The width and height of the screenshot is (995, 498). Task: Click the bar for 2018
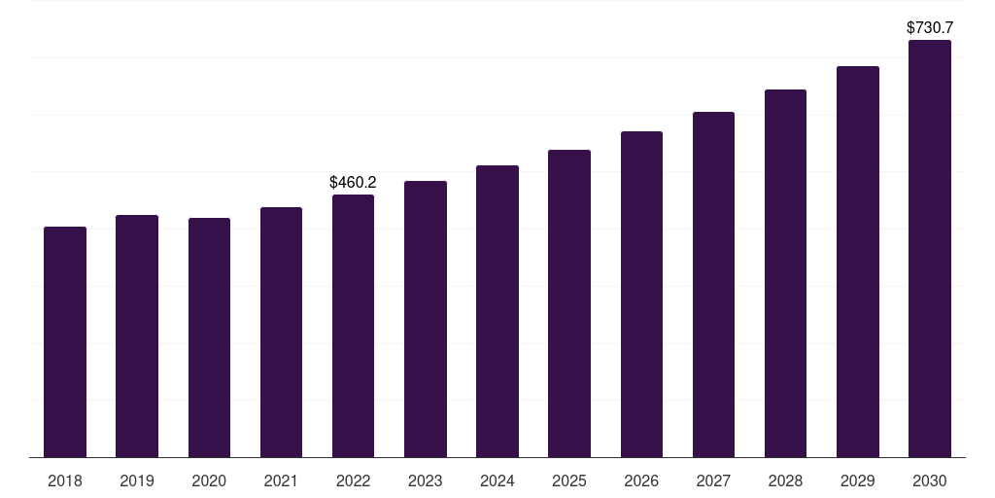[x=65, y=341]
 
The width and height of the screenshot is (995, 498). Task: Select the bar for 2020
[x=210, y=338]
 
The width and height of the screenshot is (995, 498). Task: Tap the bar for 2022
[x=353, y=326]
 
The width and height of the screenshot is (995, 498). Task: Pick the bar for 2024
[x=497, y=311]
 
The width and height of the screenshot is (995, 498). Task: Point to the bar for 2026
[x=641, y=294]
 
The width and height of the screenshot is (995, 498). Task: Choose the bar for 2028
[x=785, y=273]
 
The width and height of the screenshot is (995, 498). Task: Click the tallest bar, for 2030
[x=930, y=248]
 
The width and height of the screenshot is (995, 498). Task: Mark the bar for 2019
[x=137, y=336]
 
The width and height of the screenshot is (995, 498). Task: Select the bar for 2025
[x=569, y=303]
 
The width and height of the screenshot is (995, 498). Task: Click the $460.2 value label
[x=353, y=182]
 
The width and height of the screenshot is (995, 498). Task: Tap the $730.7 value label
[x=930, y=28]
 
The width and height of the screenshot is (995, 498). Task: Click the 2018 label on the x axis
[x=65, y=480]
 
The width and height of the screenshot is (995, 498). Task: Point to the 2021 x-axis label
[x=281, y=480]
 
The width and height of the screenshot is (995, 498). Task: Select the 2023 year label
[x=426, y=480]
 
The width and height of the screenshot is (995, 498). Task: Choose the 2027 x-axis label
[x=713, y=480]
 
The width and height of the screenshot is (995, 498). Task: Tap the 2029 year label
[x=857, y=480]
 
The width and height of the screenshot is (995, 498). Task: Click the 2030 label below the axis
[x=930, y=480]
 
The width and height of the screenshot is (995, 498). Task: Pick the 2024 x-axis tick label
[x=497, y=480]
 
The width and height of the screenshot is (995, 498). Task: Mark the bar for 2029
[x=858, y=262]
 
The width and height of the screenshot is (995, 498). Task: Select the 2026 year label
[x=641, y=480]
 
